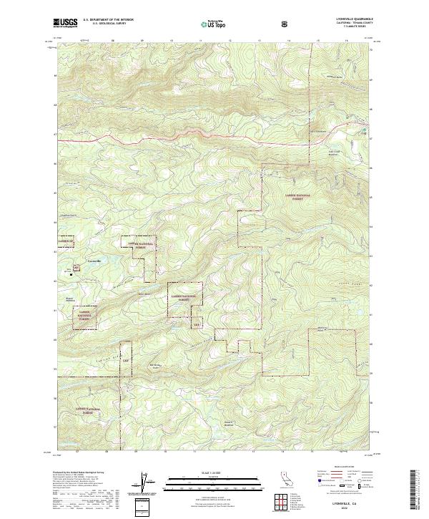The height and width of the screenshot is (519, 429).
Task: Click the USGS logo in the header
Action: pos(65,24)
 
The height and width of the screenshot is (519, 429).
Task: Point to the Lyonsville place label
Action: pos(94,261)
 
